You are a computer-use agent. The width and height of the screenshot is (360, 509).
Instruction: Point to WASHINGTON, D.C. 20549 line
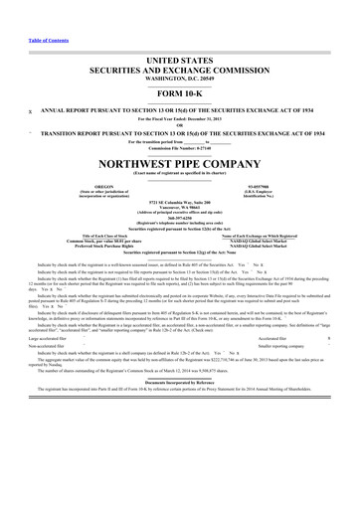point(179,50)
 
